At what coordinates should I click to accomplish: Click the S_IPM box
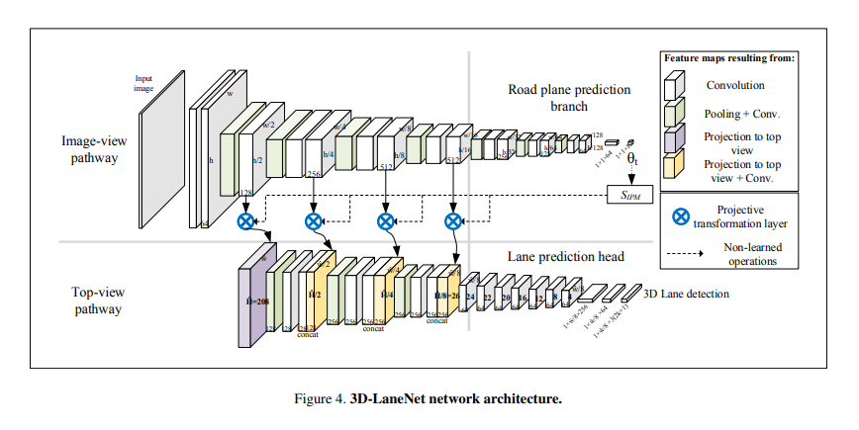629,196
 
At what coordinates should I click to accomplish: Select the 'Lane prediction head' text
567,256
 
